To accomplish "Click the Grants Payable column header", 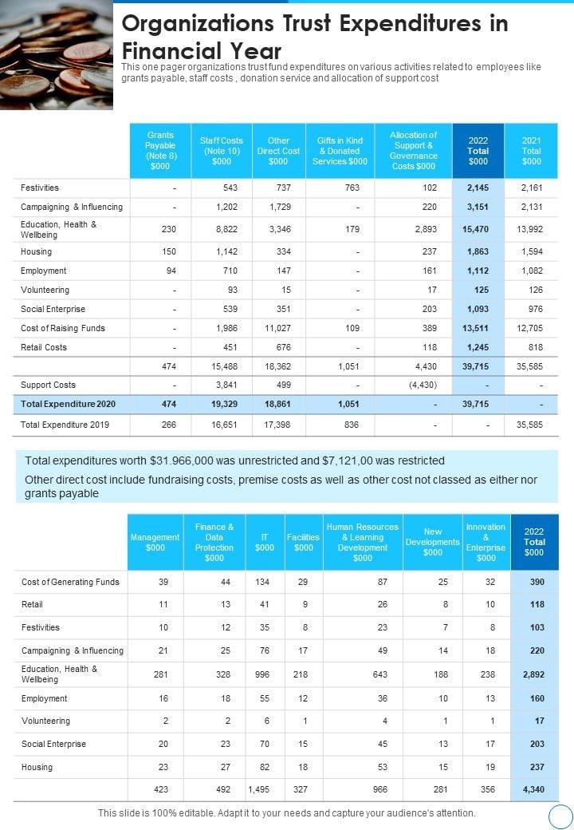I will pos(160,150).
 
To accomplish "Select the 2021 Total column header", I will pos(531,150).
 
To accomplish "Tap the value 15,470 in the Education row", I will pos(478,229).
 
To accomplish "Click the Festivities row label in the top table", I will pos(40,188).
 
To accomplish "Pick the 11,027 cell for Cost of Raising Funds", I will pos(277,328).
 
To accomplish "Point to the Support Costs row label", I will pos(49,385).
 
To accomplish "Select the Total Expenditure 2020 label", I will pos(69,404).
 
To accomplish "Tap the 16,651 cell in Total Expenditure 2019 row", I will pos(222,425).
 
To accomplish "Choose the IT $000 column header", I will pos(264,543).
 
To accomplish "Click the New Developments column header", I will pos(433,542).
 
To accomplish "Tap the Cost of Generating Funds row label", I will pos(70,582).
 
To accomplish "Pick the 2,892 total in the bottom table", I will pos(533,674).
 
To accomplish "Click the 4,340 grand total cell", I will pos(533,789).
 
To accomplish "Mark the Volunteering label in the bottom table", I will pos(45,721).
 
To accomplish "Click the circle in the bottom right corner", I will pos(561,816).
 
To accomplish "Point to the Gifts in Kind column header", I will pos(340,150).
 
